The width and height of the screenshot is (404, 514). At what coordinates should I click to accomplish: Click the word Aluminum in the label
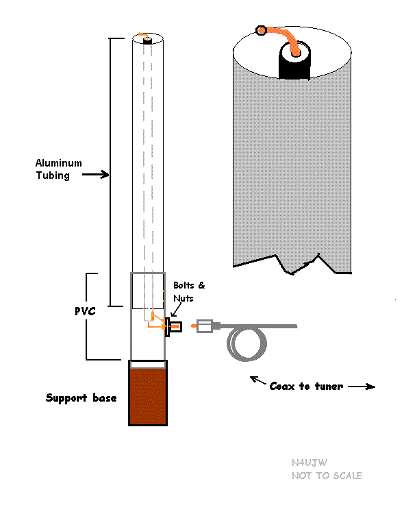59,163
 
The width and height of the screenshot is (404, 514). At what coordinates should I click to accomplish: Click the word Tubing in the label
53,175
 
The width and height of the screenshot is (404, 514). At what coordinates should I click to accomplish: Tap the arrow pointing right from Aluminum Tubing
95,174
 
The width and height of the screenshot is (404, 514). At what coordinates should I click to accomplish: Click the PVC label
85,311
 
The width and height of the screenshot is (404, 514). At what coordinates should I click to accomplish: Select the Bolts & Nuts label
189,292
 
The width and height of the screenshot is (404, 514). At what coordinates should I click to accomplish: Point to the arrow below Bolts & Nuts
176,310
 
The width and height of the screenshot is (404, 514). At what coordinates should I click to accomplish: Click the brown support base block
148,396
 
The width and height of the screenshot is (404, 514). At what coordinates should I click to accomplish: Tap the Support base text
81,398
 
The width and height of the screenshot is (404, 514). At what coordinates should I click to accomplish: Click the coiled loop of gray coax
247,343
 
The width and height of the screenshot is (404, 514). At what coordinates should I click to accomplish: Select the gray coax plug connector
205,326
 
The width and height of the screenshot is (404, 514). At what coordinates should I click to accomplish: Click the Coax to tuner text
306,387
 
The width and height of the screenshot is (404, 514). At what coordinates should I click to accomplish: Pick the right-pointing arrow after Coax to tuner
362,387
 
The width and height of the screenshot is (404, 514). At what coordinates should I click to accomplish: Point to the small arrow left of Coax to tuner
258,380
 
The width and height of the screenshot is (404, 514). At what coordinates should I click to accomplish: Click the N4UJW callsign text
310,463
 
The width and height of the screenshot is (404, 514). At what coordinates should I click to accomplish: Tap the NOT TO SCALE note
327,476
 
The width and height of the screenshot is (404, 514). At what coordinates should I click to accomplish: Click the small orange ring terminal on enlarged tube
261,30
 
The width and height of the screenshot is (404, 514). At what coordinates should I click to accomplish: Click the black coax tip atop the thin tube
148,40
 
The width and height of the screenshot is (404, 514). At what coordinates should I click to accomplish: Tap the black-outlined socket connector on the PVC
173,327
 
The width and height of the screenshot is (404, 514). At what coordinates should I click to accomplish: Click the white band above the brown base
148,364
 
